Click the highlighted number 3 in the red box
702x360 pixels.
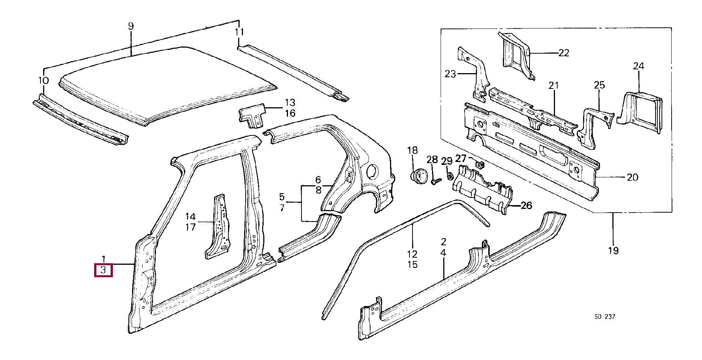(x=103, y=270)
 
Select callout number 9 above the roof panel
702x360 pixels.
(x=130, y=26)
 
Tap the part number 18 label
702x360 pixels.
(x=412, y=150)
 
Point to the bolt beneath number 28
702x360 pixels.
(x=435, y=181)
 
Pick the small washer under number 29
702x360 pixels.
(x=449, y=175)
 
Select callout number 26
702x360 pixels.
(x=526, y=205)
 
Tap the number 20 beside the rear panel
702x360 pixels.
(x=632, y=177)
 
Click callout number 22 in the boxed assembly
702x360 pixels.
(x=564, y=53)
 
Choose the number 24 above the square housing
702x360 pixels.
(x=638, y=66)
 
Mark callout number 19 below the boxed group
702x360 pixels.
(x=613, y=250)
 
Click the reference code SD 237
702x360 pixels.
(x=604, y=316)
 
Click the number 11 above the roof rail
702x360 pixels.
(x=239, y=32)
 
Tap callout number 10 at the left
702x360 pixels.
(x=43, y=80)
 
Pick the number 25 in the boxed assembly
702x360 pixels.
(x=599, y=85)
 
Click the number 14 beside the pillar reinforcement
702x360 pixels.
(x=190, y=216)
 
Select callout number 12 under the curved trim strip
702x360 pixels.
(x=412, y=254)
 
